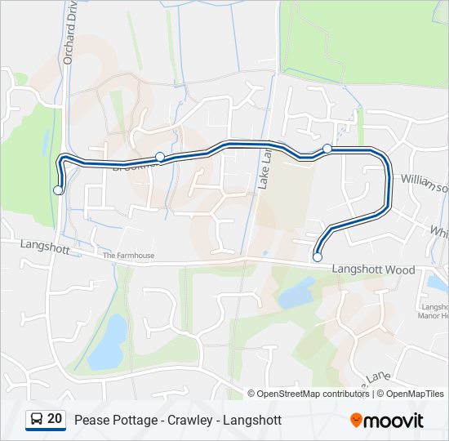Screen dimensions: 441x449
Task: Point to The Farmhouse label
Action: tap(128, 256)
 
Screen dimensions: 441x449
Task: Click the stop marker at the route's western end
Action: tap(57, 190)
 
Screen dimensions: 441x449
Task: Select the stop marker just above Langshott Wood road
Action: tap(318, 257)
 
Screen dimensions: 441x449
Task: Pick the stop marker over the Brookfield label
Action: tap(160, 157)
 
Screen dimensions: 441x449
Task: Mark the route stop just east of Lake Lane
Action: tap(327, 148)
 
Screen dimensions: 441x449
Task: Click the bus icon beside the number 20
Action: tap(37, 420)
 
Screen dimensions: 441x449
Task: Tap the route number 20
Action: tap(55, 420)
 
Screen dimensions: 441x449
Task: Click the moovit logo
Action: tap(387, 421)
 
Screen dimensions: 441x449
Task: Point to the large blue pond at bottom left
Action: tap(108, 341)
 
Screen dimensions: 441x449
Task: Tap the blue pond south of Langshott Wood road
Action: tap(296, 292)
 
